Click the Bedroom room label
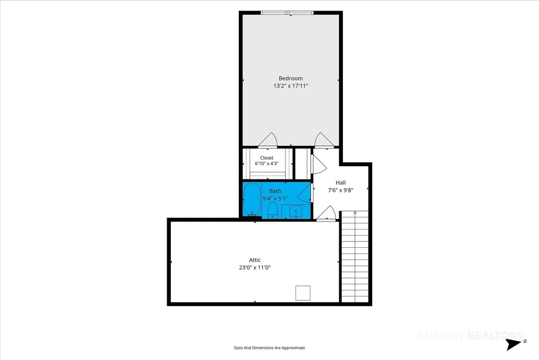pyautogui.click(x=290, y=78)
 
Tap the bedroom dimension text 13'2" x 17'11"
pyautogui.click(x=290, y=86)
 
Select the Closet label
pyautogui.click(x=267, y=158)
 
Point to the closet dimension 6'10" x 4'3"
pyautogui.click(x=267, y=164)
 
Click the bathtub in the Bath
pyautogui.click(x=252, y=199)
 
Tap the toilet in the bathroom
pyautogui.click(x=272, y=211)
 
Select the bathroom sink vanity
pyautogui.click(x=296, y=212)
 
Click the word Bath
pyautogui.click(x=275, y=191)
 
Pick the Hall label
pyautogui.click(x=341, y=183)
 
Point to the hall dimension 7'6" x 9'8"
pyautogui.click(x=341, y=190)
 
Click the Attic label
pyautogui.click(x=255, y=260)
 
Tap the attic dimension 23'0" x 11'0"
pyautogui.click(x=255, y=267)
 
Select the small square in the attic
pyautogui.click(x=303, y=293)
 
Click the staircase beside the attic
pyautogui.click(x=355, y=257)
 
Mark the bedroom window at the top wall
pyautogui.click(x=287, y=13)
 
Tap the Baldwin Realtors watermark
pyautogui.click(x=471, y=335)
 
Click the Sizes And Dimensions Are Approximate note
pyautogui.click(x=269, y=348)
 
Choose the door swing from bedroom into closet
pyautogui.click(x=268, y=139)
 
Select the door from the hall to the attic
pyautogui.click(x=326, y=213)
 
